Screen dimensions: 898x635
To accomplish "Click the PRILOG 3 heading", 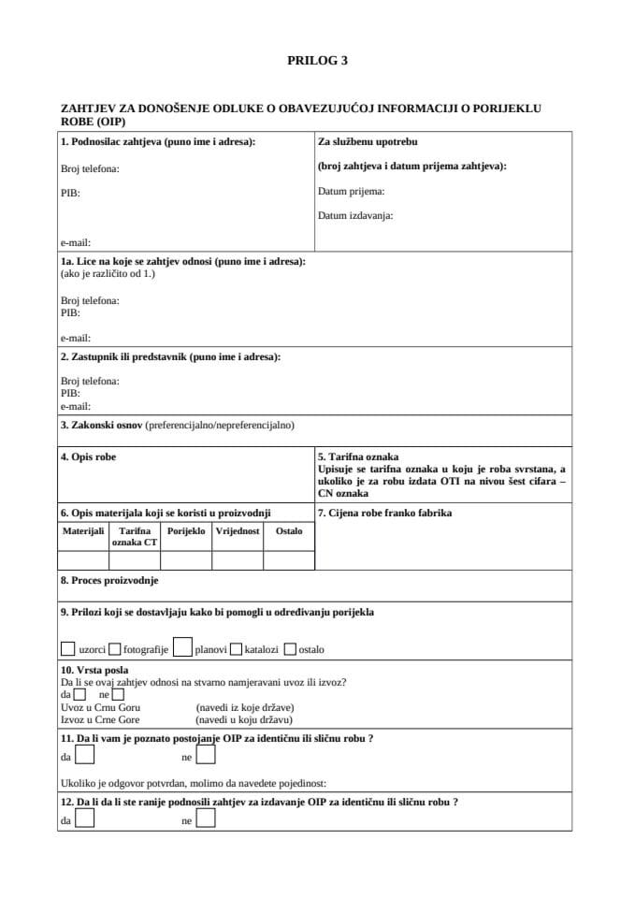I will pyautogui.click(x=317, y=60).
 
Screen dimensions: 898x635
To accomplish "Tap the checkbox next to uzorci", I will pyautogui.click(x=67, y=648).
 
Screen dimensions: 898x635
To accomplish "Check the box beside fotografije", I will pyautogui.click(x=114, y=648).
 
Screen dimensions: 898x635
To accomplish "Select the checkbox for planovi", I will pyautogui.click(x=182, y=647).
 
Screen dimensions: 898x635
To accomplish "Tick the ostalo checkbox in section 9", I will pyautogui.click(x=290, y=648).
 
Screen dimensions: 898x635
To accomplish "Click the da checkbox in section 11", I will pyautogui.click(x=84, y=756).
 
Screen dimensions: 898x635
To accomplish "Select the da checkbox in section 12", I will pyautogui.click(x=84, y=819).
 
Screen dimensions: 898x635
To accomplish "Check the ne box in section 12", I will pyautogui.click(x=206, y=819).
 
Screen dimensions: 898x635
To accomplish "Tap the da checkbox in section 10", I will pyautogui.click(x=79, y=695).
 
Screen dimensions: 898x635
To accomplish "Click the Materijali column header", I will pyautogui.click(x=82, y=530).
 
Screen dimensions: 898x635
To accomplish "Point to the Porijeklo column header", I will pyautogui.click(x=186, y=530).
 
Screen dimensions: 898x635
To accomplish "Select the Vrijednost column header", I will pyautogui.click(x=238, y=530).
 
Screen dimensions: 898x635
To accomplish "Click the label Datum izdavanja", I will pyautogui.click(x=355, y=215).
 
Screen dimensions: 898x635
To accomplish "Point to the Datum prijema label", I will pyautogui.click(x=352, y=191).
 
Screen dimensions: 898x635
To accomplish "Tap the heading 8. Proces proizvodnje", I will pyautogui.click(x=108, y=580).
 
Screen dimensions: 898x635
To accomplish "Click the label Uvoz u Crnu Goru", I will pyautogui.click(x=100, y=707).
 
